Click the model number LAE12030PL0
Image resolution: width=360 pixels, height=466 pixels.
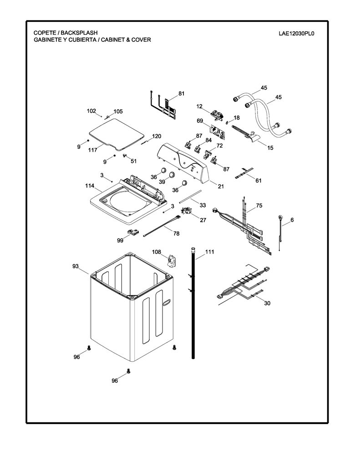click(296, 33)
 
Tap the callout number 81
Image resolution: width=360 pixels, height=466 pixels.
click(181, 93)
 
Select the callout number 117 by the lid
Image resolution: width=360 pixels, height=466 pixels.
click(92, 150)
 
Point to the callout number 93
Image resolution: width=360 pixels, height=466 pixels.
click(76, 266)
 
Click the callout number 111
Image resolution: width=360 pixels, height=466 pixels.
click(209, 252)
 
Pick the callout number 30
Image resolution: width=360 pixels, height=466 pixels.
click(267, 303)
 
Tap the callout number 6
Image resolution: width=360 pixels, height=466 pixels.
click(292, 220)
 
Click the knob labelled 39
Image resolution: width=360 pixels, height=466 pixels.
click(172, 174)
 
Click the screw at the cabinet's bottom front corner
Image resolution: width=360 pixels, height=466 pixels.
click(129, 370)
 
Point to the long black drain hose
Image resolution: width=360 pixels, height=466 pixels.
click(193, 303)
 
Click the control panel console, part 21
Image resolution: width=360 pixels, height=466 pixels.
click(183, 162)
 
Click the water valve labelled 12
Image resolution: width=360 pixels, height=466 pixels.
click(217, 115)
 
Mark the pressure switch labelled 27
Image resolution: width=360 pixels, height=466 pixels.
click(187, 211)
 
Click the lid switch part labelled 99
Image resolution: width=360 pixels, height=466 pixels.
click(132, 232)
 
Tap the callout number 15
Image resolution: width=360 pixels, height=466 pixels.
click(270, 148)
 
